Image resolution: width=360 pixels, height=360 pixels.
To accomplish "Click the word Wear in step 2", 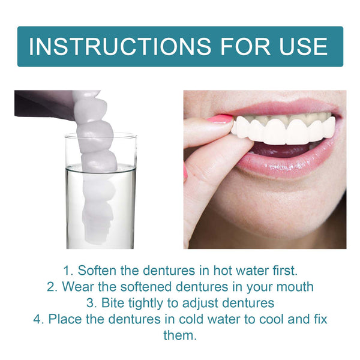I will pyautogui.click(x=76, y=287).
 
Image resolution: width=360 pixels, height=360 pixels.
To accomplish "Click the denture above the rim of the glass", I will pyautogui.click(x=90, y=114).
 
